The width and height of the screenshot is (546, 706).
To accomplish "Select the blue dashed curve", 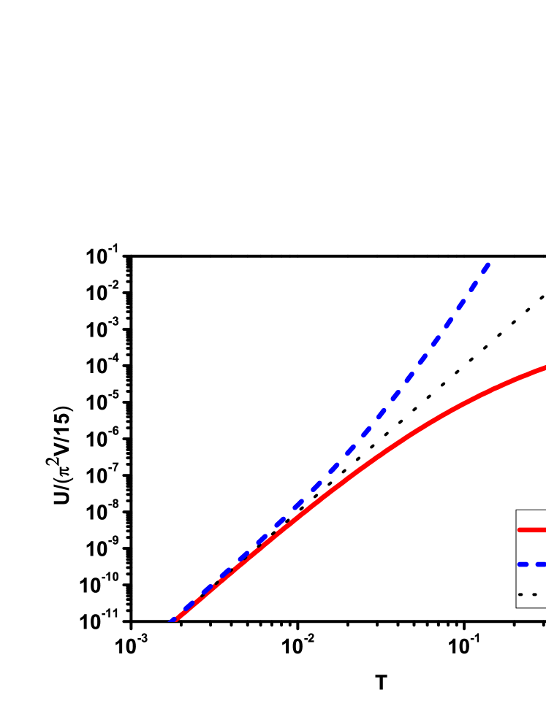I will (395, 395).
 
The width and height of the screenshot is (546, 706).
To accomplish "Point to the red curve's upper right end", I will (544, 367).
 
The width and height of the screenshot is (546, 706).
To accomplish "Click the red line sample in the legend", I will (532, 530).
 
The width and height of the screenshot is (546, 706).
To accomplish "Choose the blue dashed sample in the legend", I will (532, 564).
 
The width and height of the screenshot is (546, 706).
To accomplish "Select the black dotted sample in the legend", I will (528, 594).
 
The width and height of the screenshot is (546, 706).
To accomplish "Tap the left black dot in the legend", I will (520, 594).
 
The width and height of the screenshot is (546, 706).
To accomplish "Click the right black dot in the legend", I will (534, 594).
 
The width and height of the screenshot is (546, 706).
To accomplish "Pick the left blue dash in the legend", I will (523, 564).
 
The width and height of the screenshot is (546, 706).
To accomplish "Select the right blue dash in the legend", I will (541, 564).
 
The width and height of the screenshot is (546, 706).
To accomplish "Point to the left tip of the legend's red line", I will (519, 530).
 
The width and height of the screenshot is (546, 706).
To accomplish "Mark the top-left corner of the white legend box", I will (517, 511).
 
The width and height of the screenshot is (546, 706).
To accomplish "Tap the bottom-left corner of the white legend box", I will (517, 607).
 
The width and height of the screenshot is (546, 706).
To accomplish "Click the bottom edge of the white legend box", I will (531, 607).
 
